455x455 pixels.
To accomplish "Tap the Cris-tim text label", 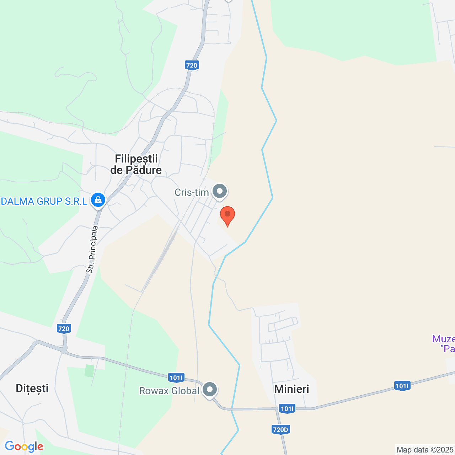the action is [x=192, y=192].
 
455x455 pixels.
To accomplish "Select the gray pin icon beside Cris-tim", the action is [x=220, y=191].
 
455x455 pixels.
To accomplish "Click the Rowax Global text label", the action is [x=169, y=391].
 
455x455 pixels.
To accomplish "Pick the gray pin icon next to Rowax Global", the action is [x=210, y=390].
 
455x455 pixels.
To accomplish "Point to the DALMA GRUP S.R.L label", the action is [x=44, y=201].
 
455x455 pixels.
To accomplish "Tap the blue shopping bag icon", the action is [x=98, y=200].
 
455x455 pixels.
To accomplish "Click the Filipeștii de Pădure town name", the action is [x=136, y=164].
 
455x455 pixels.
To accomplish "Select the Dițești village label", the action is [x=32, y=388].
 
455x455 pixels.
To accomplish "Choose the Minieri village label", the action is [x=291, y=389].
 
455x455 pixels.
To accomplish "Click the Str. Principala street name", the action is [x=92, y=250].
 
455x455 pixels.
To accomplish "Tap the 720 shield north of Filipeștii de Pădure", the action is [x=192, y=65].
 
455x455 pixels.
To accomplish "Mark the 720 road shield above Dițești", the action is [x=64, y=328].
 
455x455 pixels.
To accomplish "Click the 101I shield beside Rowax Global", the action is [x=176, y=378].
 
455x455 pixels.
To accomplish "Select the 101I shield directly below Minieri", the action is [x=287, y=408].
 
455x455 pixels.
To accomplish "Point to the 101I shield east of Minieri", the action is [x=402, y=386].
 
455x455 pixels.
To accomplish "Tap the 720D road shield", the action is [x=280, y=429].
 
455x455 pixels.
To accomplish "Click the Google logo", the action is [x=24, y=446].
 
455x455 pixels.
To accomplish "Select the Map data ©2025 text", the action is [x=425, y=450].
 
